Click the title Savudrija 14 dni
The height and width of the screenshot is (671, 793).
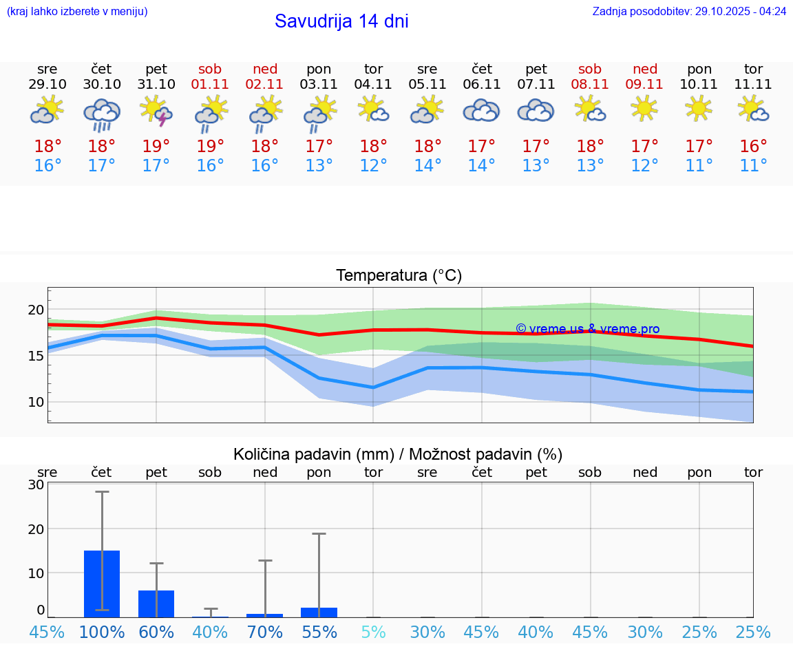(x=341, y=21)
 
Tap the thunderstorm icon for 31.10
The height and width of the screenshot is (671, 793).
(x=156, y=111)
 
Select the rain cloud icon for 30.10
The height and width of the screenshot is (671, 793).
(x=102, y=114)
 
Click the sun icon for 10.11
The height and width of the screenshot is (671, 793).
(x=699, y=109)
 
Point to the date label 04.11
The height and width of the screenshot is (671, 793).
(x=373, y=85)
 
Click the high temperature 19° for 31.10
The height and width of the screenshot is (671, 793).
(x=156, y=146)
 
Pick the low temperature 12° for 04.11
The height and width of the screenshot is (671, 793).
(x=373, y=166)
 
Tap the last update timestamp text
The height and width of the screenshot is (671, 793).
(x=689, y=12)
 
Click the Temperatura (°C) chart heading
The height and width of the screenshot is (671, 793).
(x=399, y=276)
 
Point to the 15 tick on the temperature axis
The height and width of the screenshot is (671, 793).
(x=36, y=356)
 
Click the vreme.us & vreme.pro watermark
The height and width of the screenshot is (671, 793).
(x=588, y=329)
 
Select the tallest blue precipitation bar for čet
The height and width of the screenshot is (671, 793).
(x=102, y=584)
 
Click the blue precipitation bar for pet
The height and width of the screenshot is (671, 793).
(x=156, y=604)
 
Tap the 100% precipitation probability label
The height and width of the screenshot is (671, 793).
(x=102, y=632)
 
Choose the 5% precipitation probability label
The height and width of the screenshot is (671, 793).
(x=373, y=632)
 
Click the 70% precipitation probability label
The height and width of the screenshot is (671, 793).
(x=265, y=632)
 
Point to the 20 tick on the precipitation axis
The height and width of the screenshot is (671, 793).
(x=36, y=529)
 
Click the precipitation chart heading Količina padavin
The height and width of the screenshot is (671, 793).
(x=398, y=454)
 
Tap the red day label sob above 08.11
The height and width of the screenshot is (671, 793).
(x=590, y=69)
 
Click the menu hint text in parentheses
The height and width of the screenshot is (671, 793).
(x=77, y=12)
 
